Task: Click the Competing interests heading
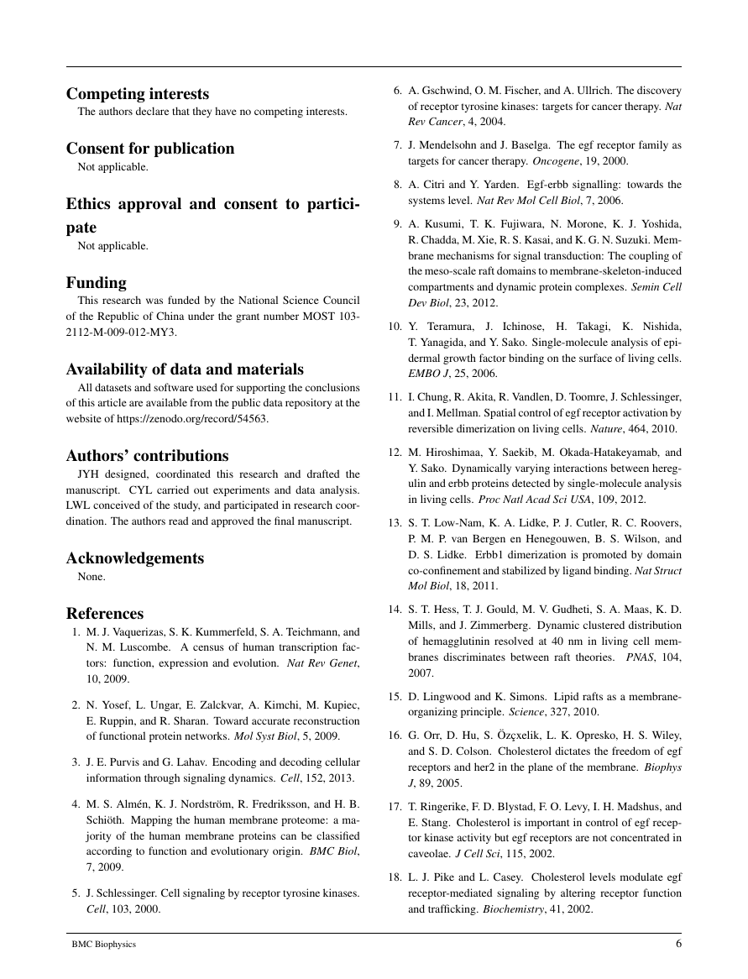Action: pos(138,94)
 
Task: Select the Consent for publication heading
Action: pos(150,149)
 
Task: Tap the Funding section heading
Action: pos(97,283)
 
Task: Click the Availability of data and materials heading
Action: pos(185,369)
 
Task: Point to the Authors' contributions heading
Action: pos(148,456)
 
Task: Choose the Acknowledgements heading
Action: pos(135,558)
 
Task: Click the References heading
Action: pos(105,614)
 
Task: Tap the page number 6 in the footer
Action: pos(677,944)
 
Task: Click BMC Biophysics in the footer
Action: pos(103,945)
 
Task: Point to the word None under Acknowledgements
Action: pos(90,577)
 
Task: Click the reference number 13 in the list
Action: pos(394,547)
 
